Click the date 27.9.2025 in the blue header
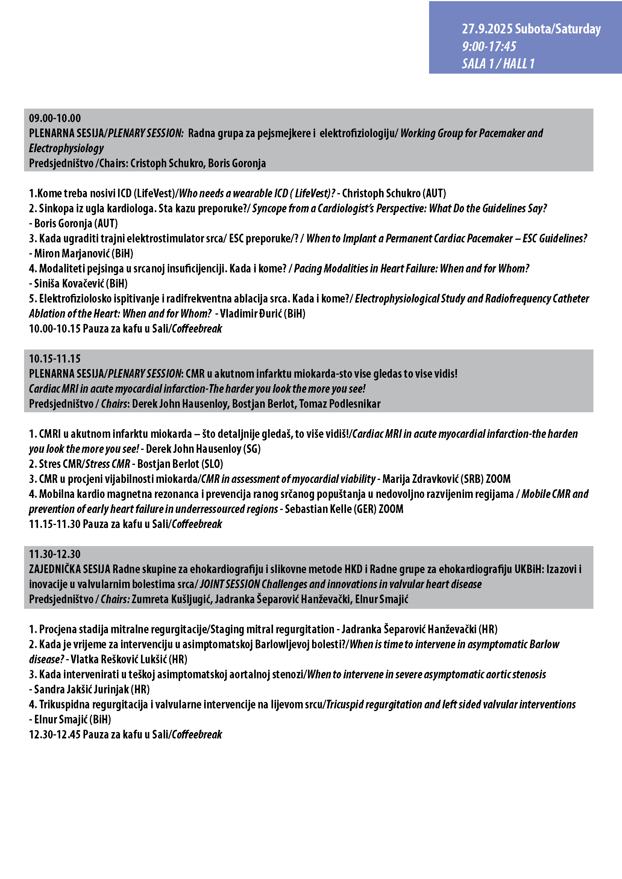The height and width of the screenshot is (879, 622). point(487,29)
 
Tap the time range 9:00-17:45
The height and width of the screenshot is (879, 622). point(489,47)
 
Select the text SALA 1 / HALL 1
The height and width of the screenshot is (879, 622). point(498,64)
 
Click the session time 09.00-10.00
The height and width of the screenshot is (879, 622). point(55,118)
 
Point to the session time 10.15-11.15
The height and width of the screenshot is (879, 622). point(55,359)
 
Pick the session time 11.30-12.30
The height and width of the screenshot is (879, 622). point(55,554)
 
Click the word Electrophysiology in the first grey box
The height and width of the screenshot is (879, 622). point(66,148)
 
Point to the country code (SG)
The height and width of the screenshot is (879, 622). point(252,449)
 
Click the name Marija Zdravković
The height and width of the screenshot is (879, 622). point(420,479)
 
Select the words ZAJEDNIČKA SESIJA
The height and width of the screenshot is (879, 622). point(70,569)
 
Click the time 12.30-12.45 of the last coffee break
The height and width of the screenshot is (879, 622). point(55,735)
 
